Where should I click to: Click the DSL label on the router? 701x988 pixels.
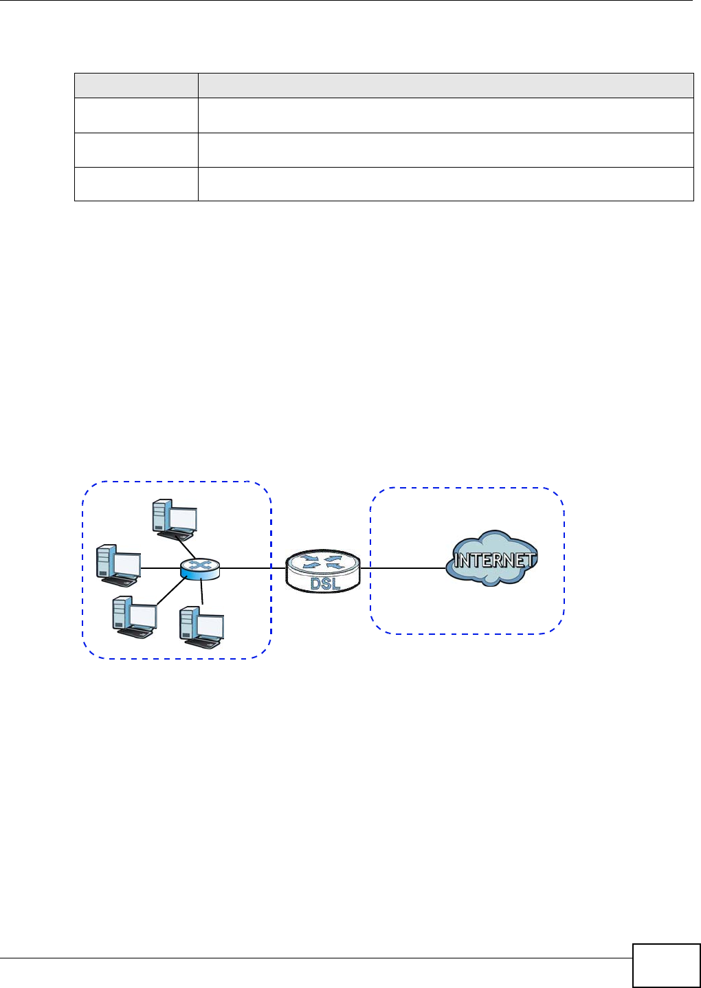(325, 583)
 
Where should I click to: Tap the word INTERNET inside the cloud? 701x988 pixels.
(494, 560)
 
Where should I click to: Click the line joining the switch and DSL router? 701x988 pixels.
(253, 568)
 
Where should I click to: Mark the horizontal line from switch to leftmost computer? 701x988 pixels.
(161, 568)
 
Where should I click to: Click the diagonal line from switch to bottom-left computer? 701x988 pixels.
(171, 591)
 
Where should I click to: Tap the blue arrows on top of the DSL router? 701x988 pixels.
(322, 562)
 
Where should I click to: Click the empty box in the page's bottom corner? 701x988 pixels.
(667, 965)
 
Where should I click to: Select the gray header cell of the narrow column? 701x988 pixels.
(136, 86)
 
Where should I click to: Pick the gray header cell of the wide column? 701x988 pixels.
(446, 86)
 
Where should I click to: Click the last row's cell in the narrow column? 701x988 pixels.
(136, 184)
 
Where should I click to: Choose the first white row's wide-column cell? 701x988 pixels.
(446, 115)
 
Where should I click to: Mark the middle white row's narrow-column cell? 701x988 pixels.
(136, 150)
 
